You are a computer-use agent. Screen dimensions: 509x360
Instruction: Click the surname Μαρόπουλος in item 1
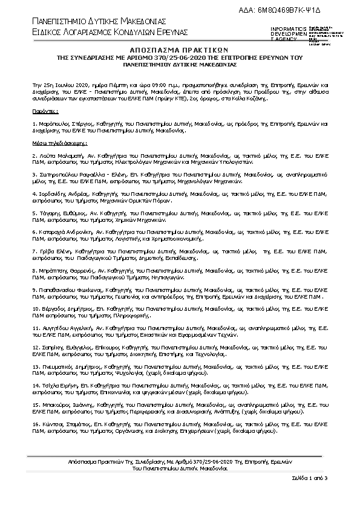pyautogui.click(x=54, y=123)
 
